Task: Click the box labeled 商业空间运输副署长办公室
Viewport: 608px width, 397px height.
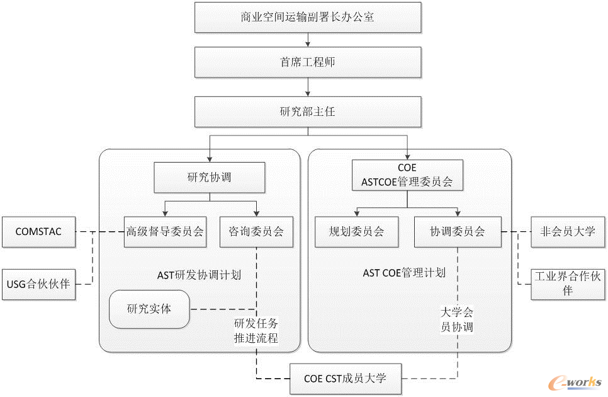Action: pos(307,17)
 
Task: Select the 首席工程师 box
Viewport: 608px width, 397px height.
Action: pos(307,62)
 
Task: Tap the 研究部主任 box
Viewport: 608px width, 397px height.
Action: pos(307,112)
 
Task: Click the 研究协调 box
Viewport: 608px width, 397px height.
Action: pos(209,177)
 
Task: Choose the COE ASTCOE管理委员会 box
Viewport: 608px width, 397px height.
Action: pos(407,176)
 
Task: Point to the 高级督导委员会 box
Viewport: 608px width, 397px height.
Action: pos(165,231)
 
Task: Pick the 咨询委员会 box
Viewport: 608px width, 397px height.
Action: pos(257,231)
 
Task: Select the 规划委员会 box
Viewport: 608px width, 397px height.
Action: pos(357,231)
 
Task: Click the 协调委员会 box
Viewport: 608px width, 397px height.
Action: pos(458,231)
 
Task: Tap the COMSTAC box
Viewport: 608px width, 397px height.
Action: pos(39,231)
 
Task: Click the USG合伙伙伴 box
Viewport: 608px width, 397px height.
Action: pos(39,284)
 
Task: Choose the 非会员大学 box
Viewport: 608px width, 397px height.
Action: pos(567,231)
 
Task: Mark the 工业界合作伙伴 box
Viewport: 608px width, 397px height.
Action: pos(567,284)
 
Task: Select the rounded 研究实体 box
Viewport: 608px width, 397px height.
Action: pos(149,309)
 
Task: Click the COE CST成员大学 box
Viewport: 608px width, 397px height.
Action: pos(345,379)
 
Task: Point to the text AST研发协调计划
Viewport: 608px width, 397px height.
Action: pos(199,275)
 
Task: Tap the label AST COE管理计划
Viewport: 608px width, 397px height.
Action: pos(404,273)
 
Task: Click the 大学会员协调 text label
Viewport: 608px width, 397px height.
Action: pos(456,319)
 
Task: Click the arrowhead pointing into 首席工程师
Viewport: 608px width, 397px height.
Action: pos(307,43)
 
